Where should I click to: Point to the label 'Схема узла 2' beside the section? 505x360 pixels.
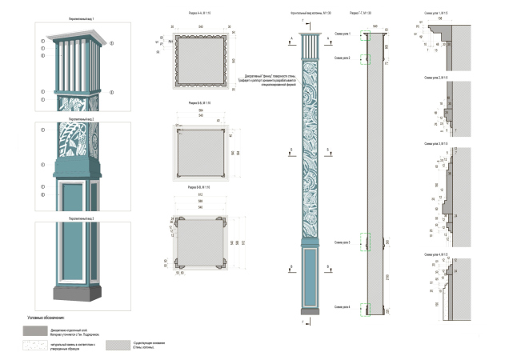pos(342,58)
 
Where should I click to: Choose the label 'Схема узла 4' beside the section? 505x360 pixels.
pos(342,307)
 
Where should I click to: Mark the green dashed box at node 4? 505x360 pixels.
pos(365,309)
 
